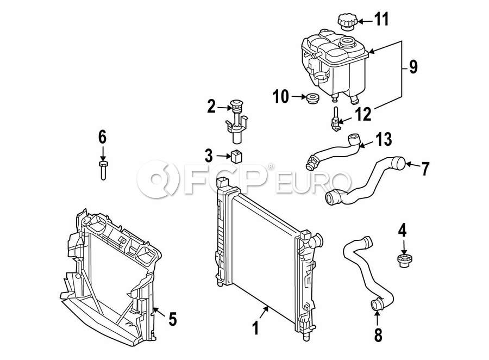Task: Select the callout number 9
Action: [x=413, y=67]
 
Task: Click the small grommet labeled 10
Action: [x=312, y=98]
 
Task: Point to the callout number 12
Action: [x=363, y=114]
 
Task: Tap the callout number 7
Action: [x=425, y=169]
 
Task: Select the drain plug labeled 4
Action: [x=403, y=261]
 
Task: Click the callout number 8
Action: [x=378, y=335]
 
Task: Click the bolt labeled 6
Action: [x=103, y=170]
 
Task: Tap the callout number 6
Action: [x=102, y=137]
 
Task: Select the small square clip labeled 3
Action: [x=237, y=156]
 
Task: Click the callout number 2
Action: [x=211, y=107]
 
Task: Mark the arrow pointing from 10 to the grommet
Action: [x=299, y=97]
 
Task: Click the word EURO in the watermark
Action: [x=313, y=182]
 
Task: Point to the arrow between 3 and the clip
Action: [x=224, y=156]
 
